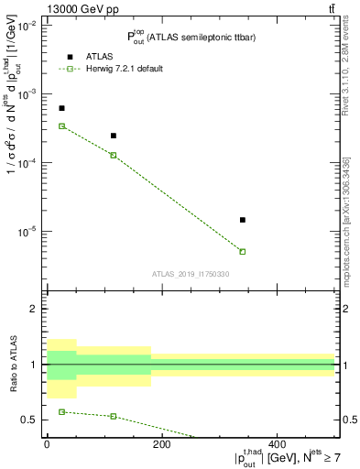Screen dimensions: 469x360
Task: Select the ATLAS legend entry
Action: (90, 57)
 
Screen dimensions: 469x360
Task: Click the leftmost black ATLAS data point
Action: (61, 108)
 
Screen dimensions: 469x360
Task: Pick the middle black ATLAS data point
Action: (114, 136)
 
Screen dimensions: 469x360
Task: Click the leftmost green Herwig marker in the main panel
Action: (61, 125)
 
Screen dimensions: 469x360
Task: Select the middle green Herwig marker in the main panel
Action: (114, 155)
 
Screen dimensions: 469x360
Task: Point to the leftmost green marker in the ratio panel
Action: (61, 411)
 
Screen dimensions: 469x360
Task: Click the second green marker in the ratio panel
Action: (114, 416)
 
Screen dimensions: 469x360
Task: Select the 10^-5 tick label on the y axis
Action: (28, 232)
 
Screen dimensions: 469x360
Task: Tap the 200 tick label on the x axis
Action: (161, 444)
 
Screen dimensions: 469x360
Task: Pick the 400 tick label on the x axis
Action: (277, 444)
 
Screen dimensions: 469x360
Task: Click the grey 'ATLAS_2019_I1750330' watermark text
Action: (191, 274)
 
